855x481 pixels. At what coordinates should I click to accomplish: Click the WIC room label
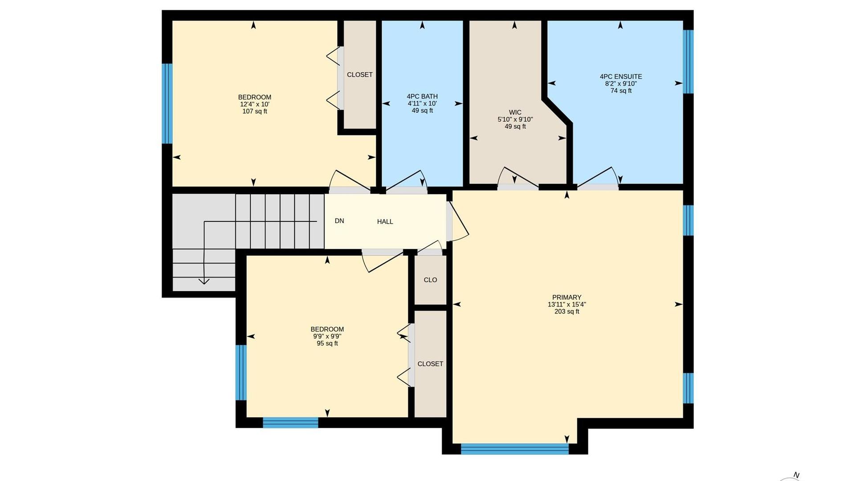pos(515,112)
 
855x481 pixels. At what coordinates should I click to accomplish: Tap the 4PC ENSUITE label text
pos(621,77)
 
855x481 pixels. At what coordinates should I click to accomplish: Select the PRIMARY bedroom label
pos(567,298)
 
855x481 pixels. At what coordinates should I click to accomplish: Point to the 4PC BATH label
pos(422,96)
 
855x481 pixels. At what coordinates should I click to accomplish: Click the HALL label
pos(385,221)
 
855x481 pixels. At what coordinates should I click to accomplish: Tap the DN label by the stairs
pos(339,220)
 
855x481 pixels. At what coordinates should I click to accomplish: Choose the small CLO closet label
pos(430,280)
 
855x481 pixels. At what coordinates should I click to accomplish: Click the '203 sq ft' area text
pos(567,312)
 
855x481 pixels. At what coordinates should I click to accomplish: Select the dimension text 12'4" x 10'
pos(255,104)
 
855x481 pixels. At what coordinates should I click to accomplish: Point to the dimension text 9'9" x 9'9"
pos(327,336)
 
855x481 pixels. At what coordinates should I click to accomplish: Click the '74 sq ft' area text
pos(621,91)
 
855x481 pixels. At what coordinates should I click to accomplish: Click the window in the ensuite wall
pos(688,61)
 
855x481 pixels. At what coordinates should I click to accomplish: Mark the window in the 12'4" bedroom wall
pos(167,103)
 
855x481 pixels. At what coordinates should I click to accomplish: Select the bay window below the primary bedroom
pos(515,449)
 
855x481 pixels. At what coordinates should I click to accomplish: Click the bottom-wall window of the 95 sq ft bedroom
pos(290,423)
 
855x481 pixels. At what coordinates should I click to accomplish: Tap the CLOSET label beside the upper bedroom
pos(360,75)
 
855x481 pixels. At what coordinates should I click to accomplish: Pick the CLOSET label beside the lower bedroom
pos(430,364)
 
